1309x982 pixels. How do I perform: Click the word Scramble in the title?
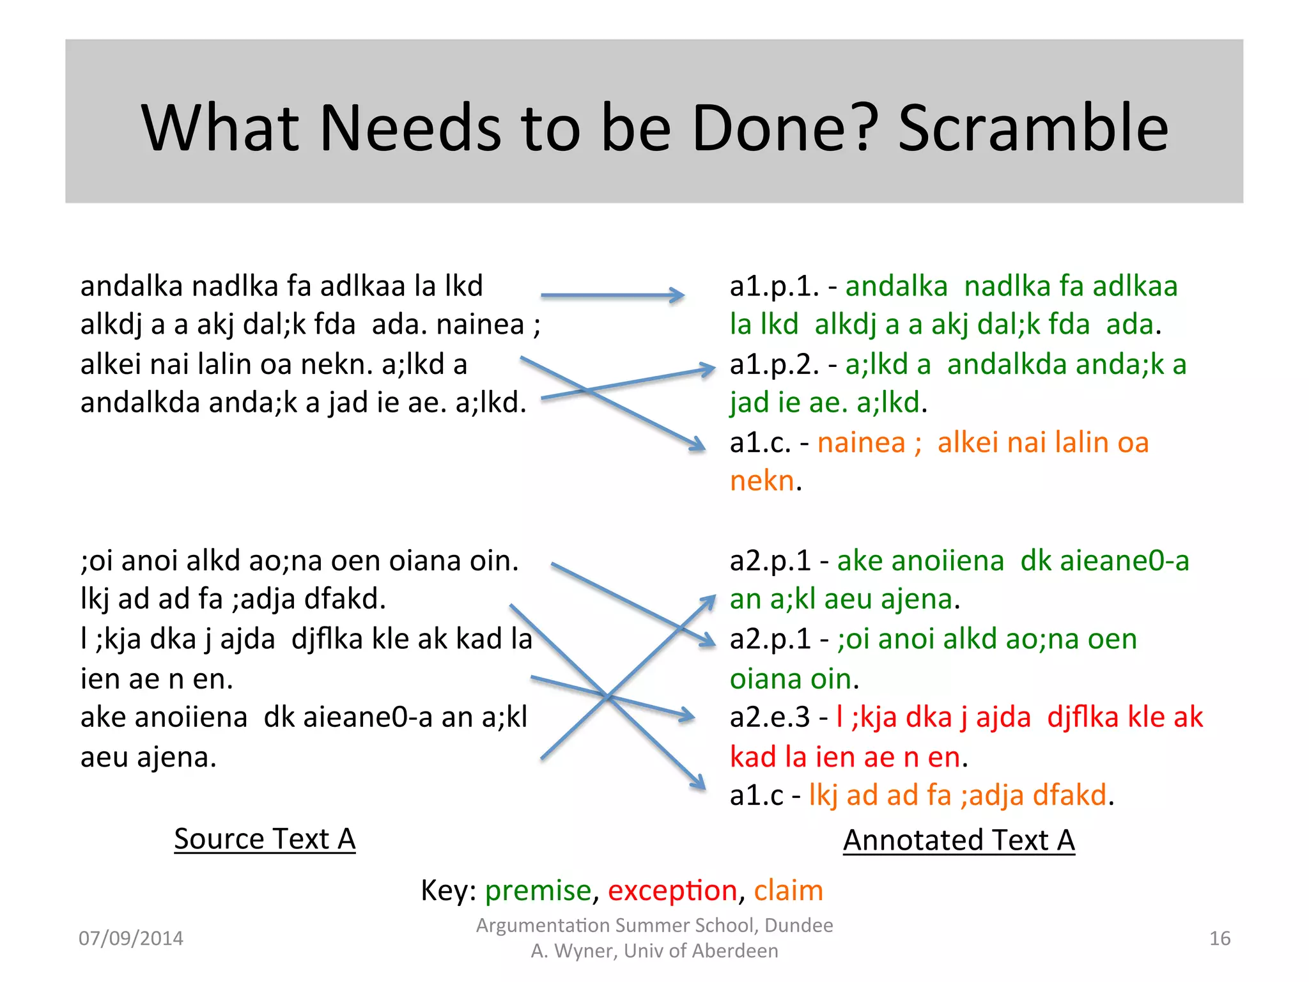[x=1034, y=128]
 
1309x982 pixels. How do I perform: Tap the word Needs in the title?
[x=409, y=128]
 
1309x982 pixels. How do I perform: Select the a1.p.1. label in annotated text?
[x=774, y=286]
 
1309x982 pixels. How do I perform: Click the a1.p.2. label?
[x=774, y=364]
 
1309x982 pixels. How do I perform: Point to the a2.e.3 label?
[x=770, y=717]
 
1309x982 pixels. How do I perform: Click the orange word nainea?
[x=861, y=442]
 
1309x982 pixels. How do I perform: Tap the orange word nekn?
[x=762, y=481]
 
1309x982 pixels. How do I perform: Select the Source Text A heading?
[x=265, y=839]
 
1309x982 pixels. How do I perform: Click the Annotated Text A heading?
[x=959, y=840]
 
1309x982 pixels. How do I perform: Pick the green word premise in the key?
[x=538, y=891]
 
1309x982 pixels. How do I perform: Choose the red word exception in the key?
[x=672, y=891]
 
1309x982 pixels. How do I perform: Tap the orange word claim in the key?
[x=788, y=891]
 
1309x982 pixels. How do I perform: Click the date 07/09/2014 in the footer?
[x=130, y=939]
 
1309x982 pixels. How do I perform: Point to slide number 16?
[x=1220, y=939]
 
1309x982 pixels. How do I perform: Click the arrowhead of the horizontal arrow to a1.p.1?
[x=679, y=295]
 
